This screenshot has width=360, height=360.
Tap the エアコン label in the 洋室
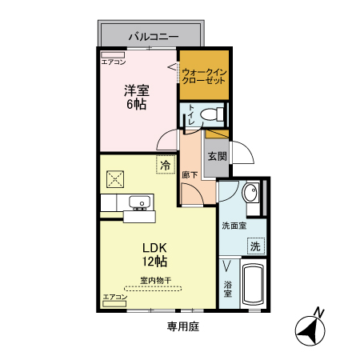pos(114,62)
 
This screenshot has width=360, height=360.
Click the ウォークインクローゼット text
pos(204,78)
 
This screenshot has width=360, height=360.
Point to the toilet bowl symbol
pos(210,114)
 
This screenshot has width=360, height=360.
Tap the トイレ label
pos(192,116)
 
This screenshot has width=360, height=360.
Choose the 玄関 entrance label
pos(216,156)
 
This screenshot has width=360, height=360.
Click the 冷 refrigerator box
pos(165,165)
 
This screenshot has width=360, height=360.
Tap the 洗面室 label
pos(234,226)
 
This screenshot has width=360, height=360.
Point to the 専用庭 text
pos(182,326)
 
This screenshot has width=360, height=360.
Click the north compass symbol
pos(311,328)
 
